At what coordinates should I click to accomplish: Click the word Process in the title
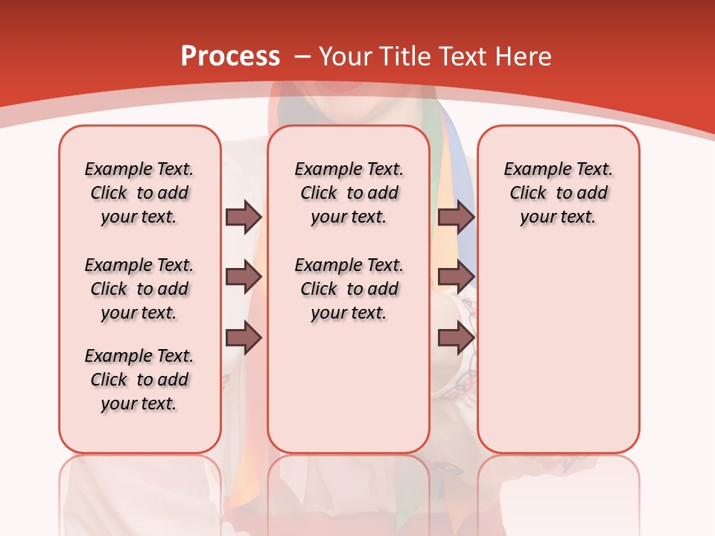(230, 57)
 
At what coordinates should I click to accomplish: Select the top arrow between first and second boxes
(244, 217)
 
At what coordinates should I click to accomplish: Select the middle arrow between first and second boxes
(244, 278)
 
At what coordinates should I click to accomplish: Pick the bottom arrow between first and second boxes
(244, 339)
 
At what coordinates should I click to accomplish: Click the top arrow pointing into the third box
(456, 217)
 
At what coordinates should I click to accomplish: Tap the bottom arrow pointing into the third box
(456, 339)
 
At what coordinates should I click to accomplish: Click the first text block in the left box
(139, 193)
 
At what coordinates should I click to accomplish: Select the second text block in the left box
(139, 289)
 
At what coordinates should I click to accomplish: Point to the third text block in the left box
(139, 380)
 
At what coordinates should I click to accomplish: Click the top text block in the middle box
(349, 193)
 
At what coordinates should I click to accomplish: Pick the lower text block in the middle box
(349, 289)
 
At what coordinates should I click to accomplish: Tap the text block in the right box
(559, 193)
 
